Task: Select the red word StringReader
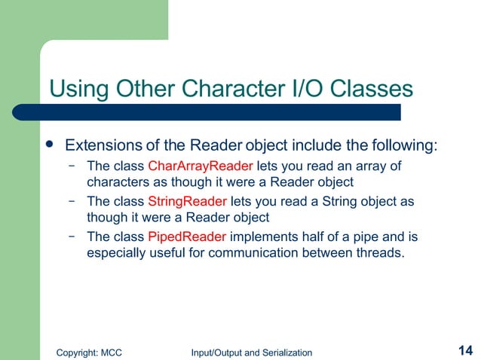pyautogui.click(x=187, y=202)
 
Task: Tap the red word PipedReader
pyautogui.click(x=186, y=237)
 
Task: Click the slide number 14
pyautogui.click(x=464, y=350)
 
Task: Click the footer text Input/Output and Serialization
pyautogui.click(x=252, y=352)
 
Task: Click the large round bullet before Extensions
pyautogui.click(x=50, y=143)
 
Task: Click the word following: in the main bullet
pyautogui.click(x=406, y=145)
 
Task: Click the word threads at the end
pyautogui.click(x=379, y=254)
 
